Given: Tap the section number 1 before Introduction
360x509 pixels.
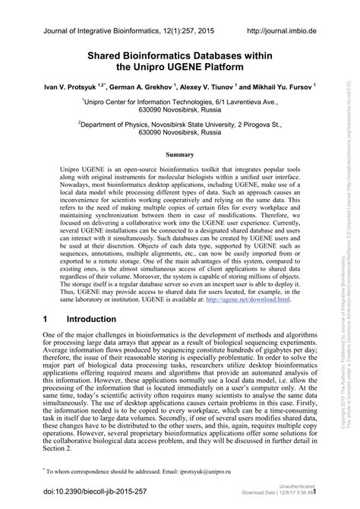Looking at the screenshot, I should pyautogui.click(x=45, y=319).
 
